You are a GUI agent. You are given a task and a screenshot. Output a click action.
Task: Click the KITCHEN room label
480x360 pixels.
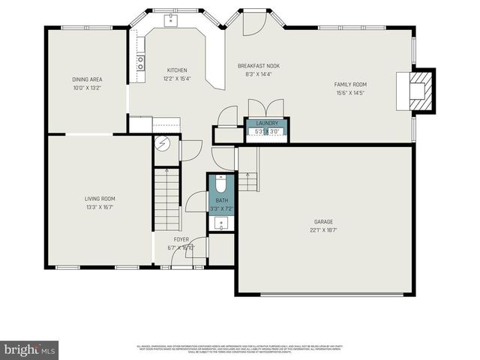tap(177, 70)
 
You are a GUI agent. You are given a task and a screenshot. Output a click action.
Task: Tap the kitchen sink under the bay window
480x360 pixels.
tap(172, 19)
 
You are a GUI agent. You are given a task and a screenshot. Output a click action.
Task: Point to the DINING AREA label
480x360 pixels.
tap(87, 79)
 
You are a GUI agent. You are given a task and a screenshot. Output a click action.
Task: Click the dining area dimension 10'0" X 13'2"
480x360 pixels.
tap(87, 88)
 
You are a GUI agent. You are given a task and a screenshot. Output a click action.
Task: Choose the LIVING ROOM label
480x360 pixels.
tap(100, 198)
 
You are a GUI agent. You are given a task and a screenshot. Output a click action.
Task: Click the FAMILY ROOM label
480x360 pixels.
tap(349, 85)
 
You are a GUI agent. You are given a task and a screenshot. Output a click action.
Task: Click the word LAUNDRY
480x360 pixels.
tap(268, 124)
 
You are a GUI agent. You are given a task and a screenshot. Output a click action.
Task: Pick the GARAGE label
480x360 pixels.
tap(324, 221)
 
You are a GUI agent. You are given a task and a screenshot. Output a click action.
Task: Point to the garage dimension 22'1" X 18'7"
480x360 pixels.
tap(324, 230)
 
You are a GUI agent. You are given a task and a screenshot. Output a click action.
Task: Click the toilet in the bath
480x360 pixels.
tap(221, 184)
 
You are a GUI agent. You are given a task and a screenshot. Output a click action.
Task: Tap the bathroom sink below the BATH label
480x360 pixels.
tap(221, 223)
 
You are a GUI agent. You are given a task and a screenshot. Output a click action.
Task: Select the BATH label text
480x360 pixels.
tap(221, 201)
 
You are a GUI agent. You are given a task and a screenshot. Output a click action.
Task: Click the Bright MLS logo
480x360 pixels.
tap(30, 349)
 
